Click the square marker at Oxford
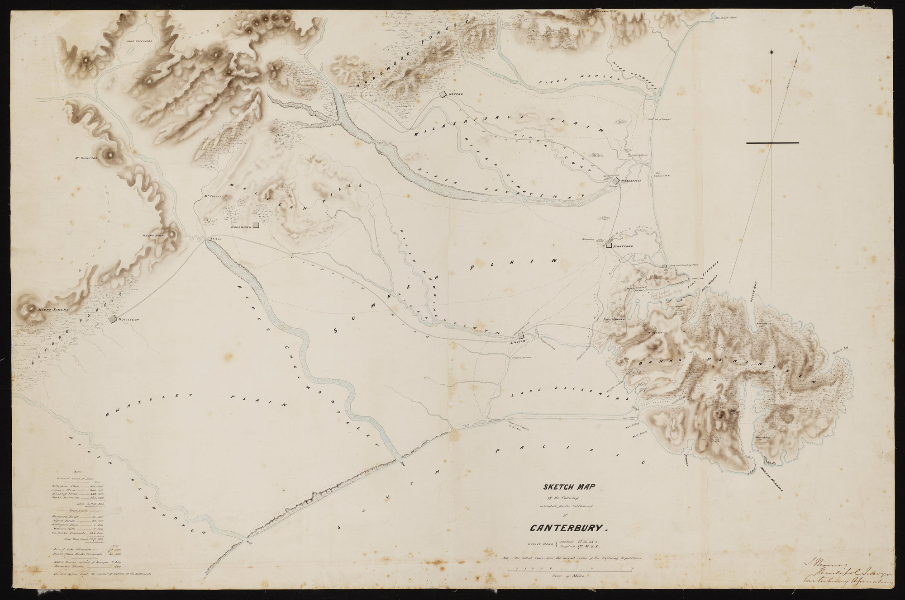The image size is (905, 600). (443, 94)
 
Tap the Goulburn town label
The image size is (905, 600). (241, 226)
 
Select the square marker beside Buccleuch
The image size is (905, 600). (113, 319)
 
